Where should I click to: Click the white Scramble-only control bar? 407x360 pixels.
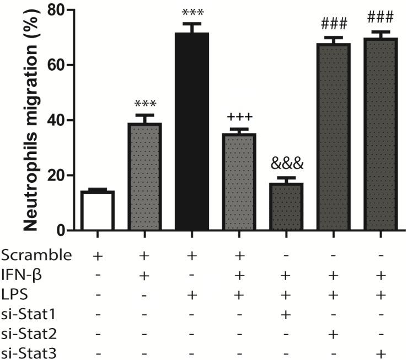coord(97,210)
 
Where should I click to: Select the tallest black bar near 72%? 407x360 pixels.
coord(191,133)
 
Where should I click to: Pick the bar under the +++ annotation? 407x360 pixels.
coord(239,182)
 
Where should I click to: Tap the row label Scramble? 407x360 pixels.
coord(36,256)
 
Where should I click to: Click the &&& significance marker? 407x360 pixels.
coord(287,163)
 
